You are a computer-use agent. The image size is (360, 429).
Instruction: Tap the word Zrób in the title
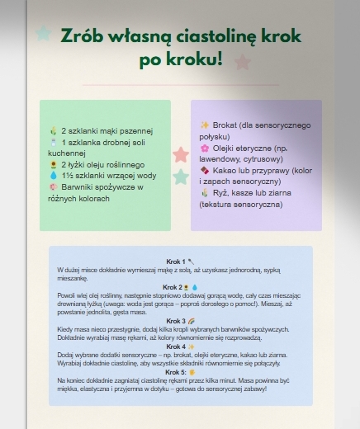pos(84,37)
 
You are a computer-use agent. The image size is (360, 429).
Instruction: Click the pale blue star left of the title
pos(43,34)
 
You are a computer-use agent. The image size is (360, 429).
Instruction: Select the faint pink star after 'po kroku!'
pos(242,62)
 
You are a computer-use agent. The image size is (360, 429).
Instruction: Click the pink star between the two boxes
pos(181,154)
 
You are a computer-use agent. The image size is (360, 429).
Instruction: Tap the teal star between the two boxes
pos(181,177)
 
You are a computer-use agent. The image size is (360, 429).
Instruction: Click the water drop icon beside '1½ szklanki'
pos(54,176)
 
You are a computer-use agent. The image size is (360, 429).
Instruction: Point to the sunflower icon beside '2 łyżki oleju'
pos(54,164)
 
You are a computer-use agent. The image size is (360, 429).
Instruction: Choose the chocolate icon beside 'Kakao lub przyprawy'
pos(205,170)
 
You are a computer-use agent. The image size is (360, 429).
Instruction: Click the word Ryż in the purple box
pos(221,193)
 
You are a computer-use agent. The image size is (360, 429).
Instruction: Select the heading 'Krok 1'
pos(175,262)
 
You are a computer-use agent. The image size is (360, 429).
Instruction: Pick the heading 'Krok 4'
pos(175,346)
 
